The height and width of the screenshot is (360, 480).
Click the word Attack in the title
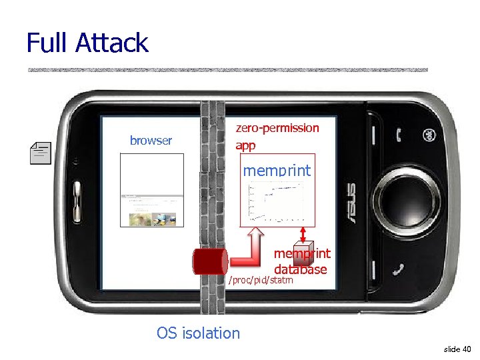112,43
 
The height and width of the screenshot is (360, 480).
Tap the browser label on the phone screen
151,141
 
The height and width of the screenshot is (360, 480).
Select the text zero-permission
277,127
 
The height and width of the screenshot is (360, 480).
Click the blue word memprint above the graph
277,171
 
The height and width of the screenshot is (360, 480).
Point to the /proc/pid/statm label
261,280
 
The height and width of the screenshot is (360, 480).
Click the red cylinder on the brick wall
210,261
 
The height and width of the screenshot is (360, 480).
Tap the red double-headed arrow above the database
304,235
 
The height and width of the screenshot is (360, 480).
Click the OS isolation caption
198,333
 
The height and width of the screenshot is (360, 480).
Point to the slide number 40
458,349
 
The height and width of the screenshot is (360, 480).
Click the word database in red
300,269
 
